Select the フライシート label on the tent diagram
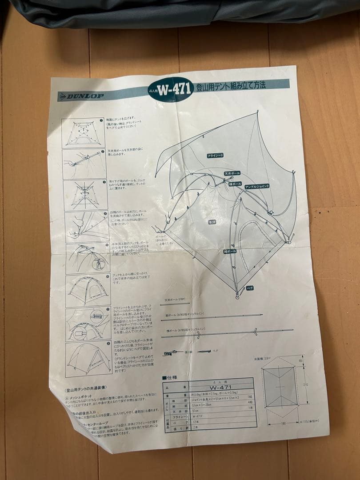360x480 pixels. pyautogui.click(x=215, y=156)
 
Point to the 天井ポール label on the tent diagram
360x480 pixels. pyautogui.click(x=232, y=172)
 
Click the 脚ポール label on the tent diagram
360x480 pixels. pyautogui.click(x=230, y=252)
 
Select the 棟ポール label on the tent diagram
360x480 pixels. pyautogui.click(x=235, y=183)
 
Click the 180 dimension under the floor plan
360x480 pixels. pyautogui.click(x=283, y=424)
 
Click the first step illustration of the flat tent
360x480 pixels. pyautogui.click(x=83, y=132)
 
